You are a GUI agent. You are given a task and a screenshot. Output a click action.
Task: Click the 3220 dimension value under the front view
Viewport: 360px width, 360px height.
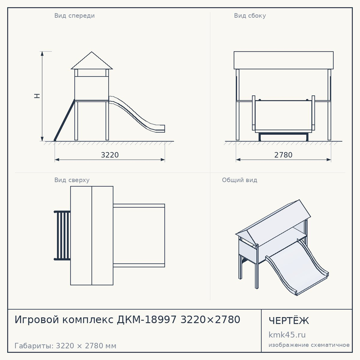click(110, 155)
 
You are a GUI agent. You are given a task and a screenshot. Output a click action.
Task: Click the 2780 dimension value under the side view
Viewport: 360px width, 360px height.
click(283, 155)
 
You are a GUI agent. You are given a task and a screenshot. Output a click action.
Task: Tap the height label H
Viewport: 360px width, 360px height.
click(37, 96)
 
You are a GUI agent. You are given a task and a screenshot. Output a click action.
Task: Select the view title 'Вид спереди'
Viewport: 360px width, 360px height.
click(75, 15)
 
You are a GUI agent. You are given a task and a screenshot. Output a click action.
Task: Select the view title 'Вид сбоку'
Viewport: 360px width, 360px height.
click(250, 15)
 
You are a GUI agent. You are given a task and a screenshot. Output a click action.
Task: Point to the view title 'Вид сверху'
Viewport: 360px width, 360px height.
click(72, 180)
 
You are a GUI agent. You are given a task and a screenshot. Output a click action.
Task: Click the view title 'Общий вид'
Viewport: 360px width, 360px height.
click(239, 180)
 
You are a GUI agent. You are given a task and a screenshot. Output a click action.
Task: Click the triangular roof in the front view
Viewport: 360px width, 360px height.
click(91, 60)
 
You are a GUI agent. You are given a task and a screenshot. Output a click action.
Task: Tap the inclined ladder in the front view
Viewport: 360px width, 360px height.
click(64, 120)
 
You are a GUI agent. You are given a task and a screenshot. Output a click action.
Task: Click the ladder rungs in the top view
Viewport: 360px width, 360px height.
click(62, 235)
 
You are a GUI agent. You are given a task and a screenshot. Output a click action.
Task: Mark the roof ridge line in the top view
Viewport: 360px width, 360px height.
click(92, 235)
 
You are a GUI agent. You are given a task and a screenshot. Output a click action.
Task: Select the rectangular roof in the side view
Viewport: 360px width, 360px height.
click(284, 60)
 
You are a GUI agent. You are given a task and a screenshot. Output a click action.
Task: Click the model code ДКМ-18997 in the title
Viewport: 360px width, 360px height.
click(147, 320)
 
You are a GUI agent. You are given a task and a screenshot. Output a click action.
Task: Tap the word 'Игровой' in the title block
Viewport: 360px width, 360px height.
click(37, 320)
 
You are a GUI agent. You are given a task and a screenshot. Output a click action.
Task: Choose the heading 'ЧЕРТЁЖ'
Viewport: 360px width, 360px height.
click(289, 321)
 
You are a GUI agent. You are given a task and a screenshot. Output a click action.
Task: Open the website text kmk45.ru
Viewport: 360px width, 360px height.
click(287, 335)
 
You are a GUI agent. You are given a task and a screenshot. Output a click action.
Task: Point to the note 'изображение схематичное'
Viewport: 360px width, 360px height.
click(309, 345)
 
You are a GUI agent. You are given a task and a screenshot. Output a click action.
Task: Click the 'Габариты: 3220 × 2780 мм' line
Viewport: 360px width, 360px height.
click(66, 346)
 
